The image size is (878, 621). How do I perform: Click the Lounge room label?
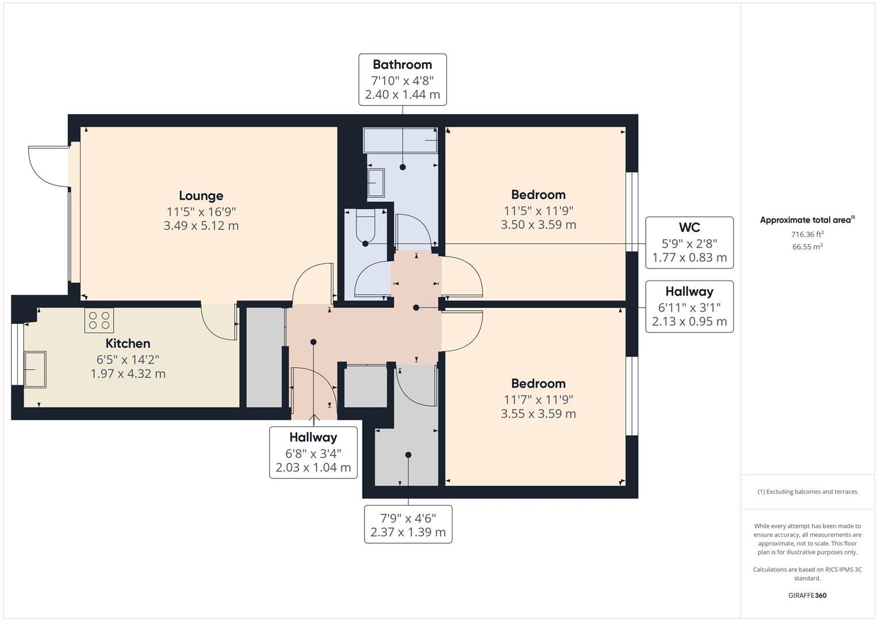(201, 196)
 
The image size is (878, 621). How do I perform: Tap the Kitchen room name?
(128, 343)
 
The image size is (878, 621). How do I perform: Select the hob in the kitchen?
(99, 320)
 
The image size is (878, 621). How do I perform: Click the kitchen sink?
(34, 369)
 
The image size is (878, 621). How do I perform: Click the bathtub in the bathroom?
(401, 140)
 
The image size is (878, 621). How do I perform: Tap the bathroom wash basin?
(376, 183)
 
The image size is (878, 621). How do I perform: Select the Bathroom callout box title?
(402, 64)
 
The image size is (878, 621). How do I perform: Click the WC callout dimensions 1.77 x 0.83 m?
(689, 258)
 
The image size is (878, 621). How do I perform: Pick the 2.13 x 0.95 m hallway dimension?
(689, 321)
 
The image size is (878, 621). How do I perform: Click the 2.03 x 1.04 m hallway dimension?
(313, 467)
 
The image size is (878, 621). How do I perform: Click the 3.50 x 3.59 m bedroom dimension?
(538, 225)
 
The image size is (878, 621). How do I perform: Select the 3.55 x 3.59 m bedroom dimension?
(538, 413)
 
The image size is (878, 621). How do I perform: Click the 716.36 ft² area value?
(807, 234)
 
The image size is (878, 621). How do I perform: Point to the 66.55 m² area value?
(807, 247)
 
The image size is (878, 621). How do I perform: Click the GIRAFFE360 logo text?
(807, 595)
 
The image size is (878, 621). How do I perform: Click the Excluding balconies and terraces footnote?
(807, 492)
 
